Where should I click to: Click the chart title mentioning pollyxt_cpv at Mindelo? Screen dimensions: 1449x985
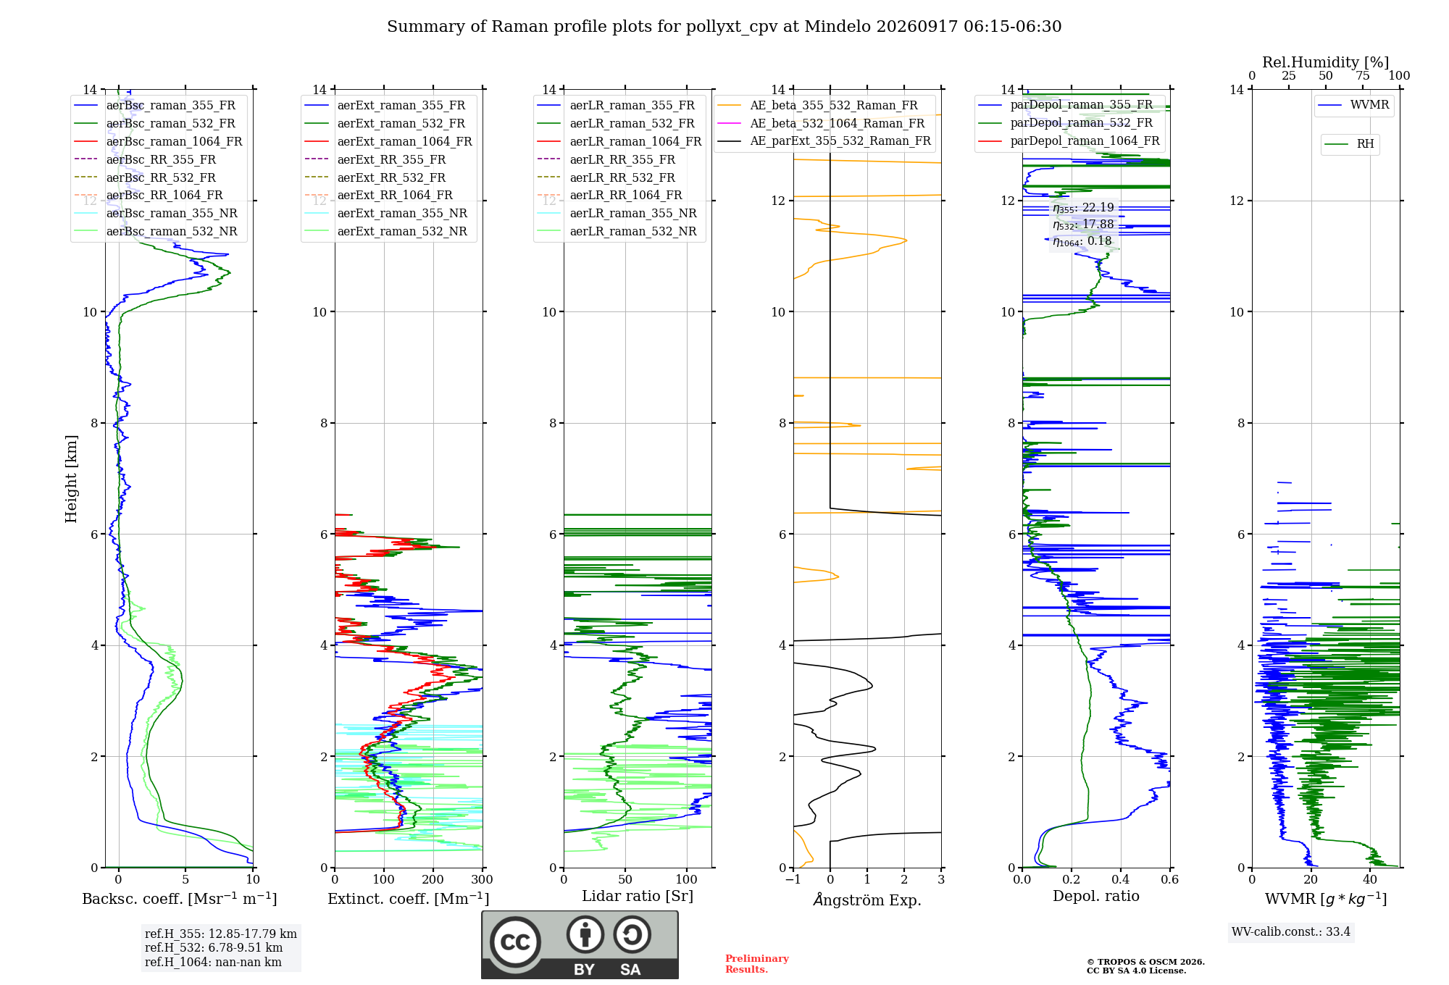pyautogui.click(x=724, y=27)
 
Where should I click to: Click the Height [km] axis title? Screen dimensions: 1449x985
pyautogui.click(x=71, y=479)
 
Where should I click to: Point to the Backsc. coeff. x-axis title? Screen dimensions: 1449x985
pyautogui.click(x=180, y=899)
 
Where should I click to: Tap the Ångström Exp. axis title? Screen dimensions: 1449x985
pyautogui.click(x=867, y=900)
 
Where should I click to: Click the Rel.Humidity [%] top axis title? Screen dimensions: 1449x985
pyautogui.click(x=1326, y=62)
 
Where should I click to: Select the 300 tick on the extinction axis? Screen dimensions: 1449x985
pyautogui.click(x=482, y=880)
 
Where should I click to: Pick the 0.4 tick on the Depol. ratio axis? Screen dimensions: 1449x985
pyautogui.click(x=1121, y=880)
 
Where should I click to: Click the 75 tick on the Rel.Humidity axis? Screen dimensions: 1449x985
pyautogui.click(x=1363, y=76)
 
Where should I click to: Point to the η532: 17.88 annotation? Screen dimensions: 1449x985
pyautogui.click(x=1083, y=225)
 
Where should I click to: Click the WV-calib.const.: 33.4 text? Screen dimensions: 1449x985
pyautogui.click(x=1291, y=932)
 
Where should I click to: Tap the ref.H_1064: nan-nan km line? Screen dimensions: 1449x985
pyautogui.click(x=213, y=963)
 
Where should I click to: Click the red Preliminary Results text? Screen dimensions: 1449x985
pyautogui.click(x=757, y=964)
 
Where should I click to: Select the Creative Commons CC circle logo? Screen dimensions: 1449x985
pyautogui.click(x=515, y=942)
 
